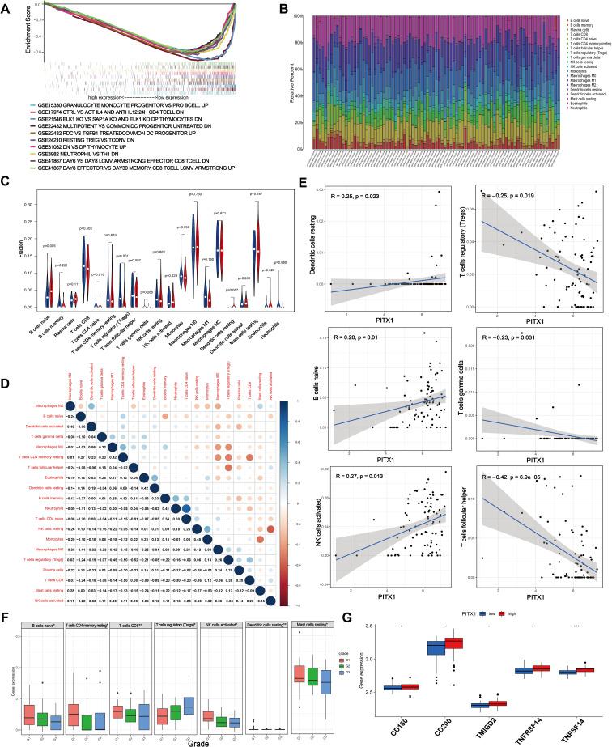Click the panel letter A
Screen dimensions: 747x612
(6, 6)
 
